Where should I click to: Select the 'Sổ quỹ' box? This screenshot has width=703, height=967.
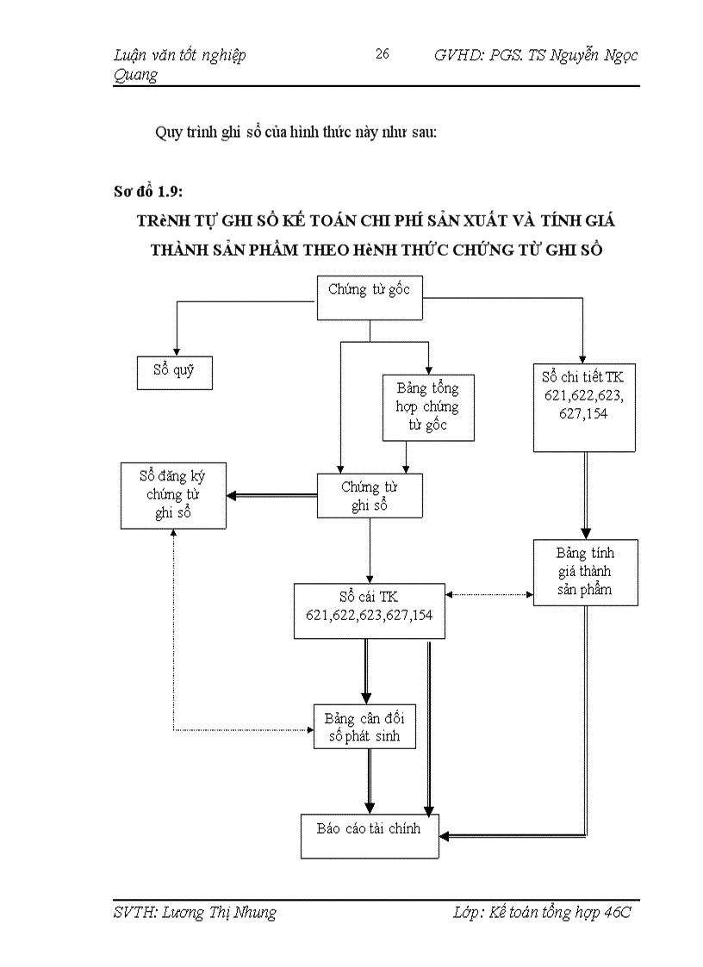click(175, 372)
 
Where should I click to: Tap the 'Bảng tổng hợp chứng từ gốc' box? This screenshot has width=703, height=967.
click(428, 406)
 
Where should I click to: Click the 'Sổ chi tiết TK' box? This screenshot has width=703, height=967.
click(583, 406)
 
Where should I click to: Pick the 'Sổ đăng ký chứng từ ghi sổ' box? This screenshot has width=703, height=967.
click(173, 495)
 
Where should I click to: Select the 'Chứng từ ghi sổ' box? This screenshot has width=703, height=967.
click(370, 496)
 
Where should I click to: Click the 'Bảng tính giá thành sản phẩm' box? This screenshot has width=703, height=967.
click(585, 572)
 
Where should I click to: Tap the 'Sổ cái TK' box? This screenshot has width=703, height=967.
click(370, 610)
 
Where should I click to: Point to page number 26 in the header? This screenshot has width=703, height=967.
click(383, 55)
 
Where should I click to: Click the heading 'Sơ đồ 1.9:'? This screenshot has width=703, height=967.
click(147, 190)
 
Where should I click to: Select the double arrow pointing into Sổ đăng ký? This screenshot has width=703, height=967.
click(271, 495)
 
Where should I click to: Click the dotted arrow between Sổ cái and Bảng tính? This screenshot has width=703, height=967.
click(488, 594)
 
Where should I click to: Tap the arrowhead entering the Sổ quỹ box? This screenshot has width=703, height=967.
click(176, 350)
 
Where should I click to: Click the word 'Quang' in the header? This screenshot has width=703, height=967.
click(135, 75)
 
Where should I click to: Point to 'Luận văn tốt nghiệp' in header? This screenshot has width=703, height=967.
click(179, 55)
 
